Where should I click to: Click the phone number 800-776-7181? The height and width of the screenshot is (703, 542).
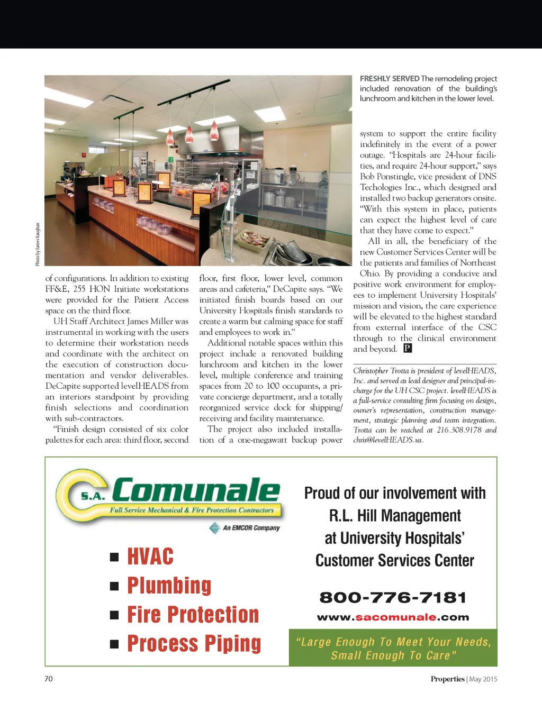point(393,598)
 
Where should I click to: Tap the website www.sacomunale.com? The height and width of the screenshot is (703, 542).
point(393,617)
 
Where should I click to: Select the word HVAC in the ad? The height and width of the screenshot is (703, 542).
point(150,557)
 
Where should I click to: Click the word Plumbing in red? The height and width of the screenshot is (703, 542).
point(169,586)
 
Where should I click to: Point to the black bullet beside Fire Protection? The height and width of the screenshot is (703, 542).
point(114,615)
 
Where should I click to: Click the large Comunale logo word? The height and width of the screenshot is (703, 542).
point(196,491)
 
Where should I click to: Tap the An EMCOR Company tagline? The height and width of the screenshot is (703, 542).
point(251,528)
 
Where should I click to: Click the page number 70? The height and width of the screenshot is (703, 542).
point(49,679)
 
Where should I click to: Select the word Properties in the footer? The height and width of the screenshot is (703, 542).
point(447,679)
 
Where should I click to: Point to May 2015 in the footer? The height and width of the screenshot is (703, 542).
point(483,679)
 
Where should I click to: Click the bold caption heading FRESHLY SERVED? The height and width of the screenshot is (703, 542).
point(390,79)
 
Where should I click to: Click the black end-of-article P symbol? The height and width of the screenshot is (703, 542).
point(408,348)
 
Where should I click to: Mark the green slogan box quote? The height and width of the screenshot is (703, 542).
point(393,649)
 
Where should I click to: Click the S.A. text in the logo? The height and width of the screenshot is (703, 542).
point(93,496)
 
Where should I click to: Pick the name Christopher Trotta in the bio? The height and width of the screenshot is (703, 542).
point(381,371)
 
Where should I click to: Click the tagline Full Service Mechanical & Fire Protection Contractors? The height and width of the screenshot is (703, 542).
point(192,510)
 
